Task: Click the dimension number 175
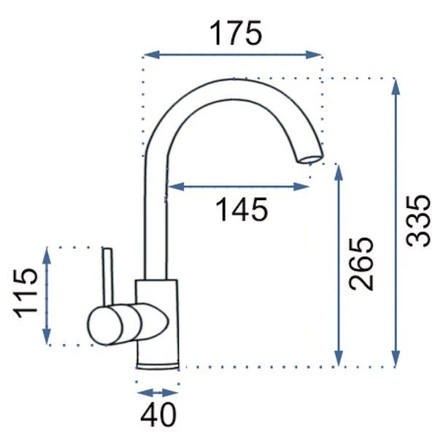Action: pos(236,34)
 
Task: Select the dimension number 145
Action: pos(242,210)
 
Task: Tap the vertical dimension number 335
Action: pos(418,221)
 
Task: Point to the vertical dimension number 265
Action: pos(361,264)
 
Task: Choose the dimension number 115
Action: pos(25,293)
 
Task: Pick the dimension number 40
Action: pos(158,414)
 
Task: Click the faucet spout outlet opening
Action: pos(310,159)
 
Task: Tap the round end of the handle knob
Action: pos(105,325)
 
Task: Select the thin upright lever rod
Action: pos(108,277)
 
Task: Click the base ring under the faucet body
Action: pos(158,366)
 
